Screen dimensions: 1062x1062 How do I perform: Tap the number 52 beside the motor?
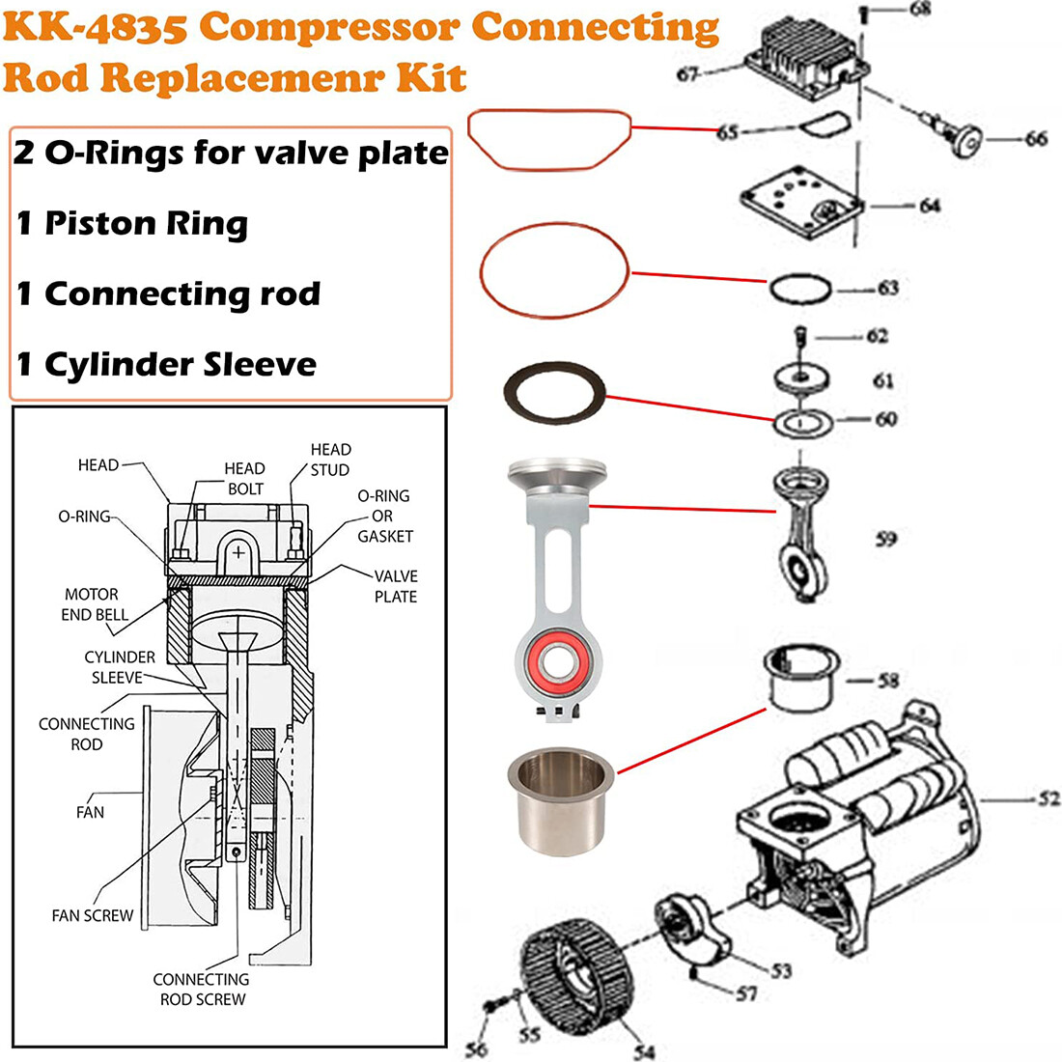(x=1048, y=798)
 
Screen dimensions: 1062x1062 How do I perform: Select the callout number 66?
(x=1036, y=139)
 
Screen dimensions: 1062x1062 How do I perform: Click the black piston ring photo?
(x=555, y=392)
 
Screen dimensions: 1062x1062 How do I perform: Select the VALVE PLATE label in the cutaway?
(x=396, y=586)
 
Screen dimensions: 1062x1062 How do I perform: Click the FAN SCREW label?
(x=93, y=915)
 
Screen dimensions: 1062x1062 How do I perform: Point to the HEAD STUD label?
(x=330, y=460)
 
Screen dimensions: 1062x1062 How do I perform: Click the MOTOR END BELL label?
(x=93, y=604)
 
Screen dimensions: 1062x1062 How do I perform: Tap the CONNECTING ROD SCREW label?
(x=202, y=989)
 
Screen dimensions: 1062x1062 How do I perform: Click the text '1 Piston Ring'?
(x=132, y=224)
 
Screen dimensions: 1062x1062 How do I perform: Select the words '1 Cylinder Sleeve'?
(x=166, y=365)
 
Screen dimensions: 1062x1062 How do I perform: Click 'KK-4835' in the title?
(x=96, y=29)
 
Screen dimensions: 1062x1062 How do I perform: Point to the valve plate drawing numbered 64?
(x=801, y=205)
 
